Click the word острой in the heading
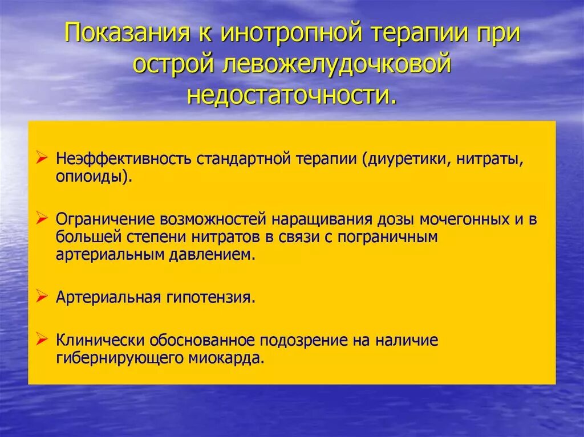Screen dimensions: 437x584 [x=173, y=64]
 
